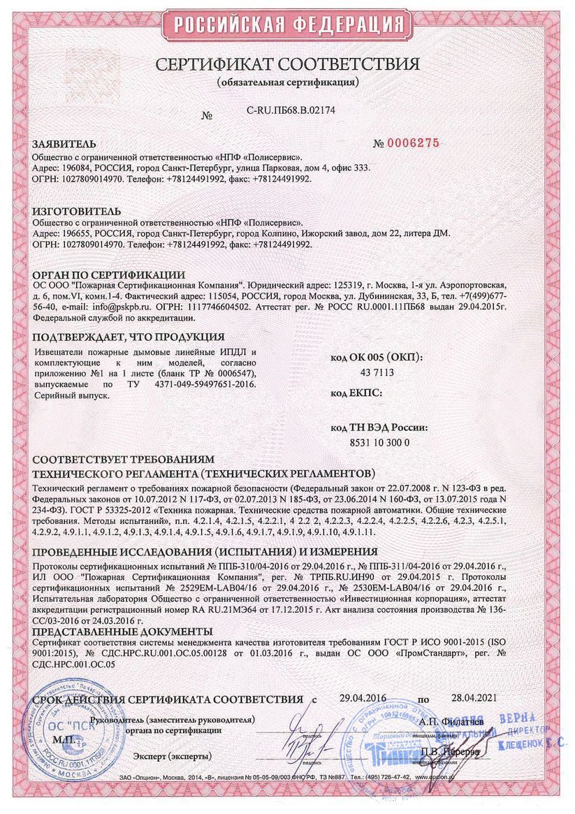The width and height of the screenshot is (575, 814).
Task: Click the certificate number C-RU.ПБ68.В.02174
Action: point(291,110)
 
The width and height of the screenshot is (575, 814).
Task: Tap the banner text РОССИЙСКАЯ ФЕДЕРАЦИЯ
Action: point(286,26)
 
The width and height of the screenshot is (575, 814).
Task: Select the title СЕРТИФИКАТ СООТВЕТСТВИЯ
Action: point(287,65)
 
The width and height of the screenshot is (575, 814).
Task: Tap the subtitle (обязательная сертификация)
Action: point(287,82)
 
